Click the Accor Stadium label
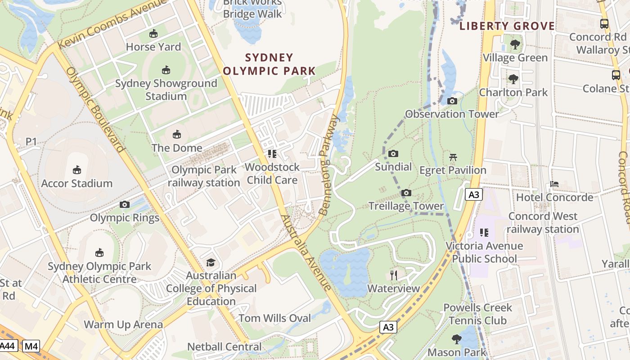click(x=77, y=183)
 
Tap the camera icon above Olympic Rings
click(x=125, y=205)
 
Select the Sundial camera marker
click(x=393, y=154)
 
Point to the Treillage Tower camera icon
click(x=406, y=193)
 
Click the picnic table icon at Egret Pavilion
click(x=453, y=157)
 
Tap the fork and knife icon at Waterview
click(x=394, y=275)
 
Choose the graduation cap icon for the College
click(x=211, y=262)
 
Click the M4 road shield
click(x=31, y=346)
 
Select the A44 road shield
click(x=8, y=346)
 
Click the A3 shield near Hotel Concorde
click(x=474, y=194)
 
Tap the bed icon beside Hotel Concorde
click(x=554, y=184)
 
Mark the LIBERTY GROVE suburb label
click(x=507, y=26)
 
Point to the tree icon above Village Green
click(x=515, y=45)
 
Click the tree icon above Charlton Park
click(x=513, y=79)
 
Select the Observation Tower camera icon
click(x=452, y=101)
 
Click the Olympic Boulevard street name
click(x=95, y=111)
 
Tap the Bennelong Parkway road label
click(x=328, y=165)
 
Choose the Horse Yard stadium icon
click(x=153, y=34)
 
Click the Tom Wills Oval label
click(x=274, y=318)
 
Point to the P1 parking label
click(x=31, y=142)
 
